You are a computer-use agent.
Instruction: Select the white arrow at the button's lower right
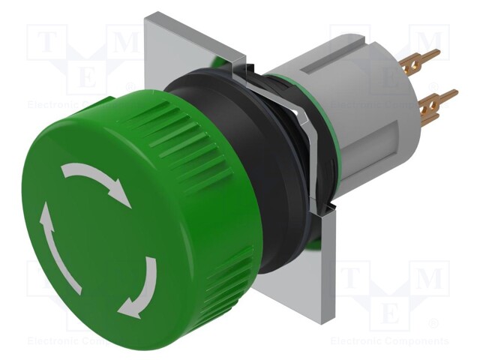pos(142,288)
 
